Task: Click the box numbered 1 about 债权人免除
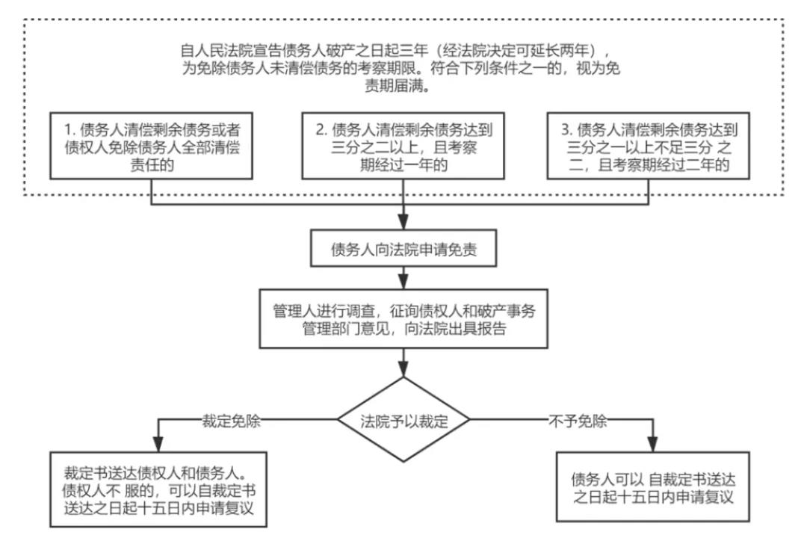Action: (x=153, y=146)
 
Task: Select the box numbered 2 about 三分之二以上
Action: (x=404, y=146)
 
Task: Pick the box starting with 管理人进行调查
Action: (x=404, y=318)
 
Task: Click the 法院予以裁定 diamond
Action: (x=404, y=419)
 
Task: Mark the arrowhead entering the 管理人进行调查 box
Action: (x=404, y=281)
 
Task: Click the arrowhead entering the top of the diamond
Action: (x=404, y=369)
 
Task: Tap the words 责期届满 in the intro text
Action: (x=404, y=85)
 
